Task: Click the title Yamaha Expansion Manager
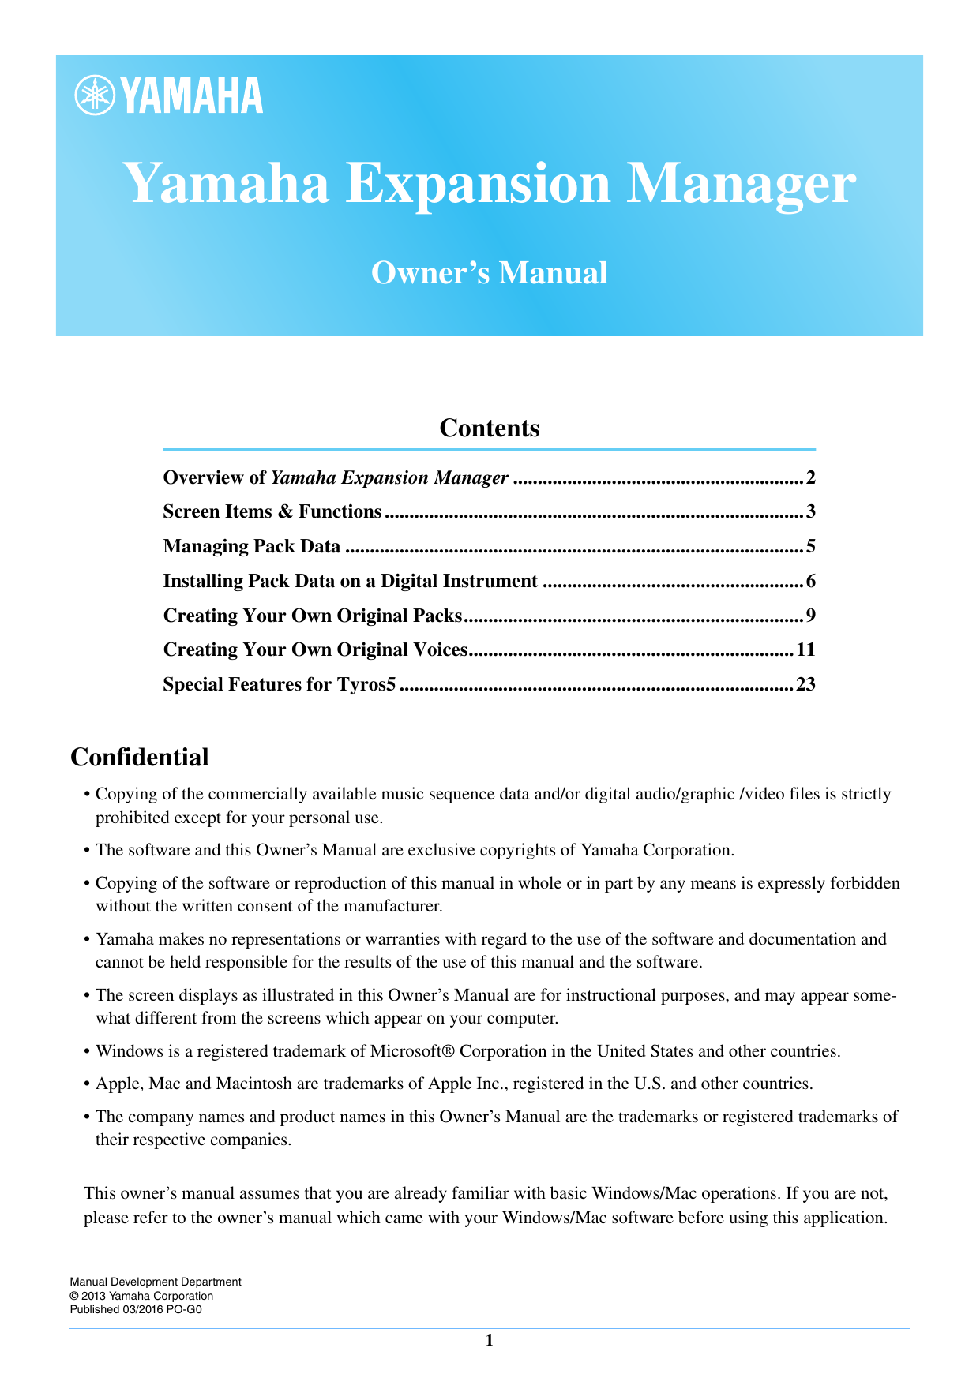[489, 183]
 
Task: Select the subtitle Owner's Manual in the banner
[489, 273]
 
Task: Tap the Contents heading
[489, 428]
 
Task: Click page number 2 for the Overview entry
[810, 477]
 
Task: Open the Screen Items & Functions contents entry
[272, 512]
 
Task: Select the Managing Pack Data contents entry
[251, 546]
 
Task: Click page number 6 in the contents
[810, 581]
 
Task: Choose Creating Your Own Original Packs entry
[312, 616]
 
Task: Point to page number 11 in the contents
[805, 649]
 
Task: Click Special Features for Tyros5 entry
[278, 684]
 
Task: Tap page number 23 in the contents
[805, 684]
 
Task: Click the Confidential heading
[140, 757]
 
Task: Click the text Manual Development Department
[156, 1282]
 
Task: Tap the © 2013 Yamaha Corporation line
[141, 1296]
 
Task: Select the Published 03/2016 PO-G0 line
[136, 1309]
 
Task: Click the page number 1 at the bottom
[489, 1341]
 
